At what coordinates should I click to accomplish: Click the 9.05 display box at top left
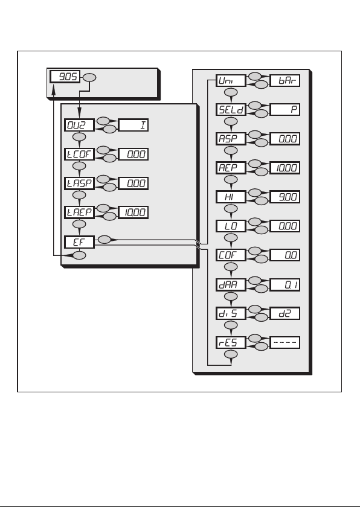[x=65, y=77]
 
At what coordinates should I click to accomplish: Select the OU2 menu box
[x=79, y=125]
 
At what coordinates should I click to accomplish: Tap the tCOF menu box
[x=79, y=155]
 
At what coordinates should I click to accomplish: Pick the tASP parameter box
[x=79, y=183]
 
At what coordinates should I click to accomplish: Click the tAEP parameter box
[x=79, y=212]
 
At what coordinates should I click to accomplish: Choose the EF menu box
[x=79, y=242]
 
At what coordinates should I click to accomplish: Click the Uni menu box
[x=231, y=80]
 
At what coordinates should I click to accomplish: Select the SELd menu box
[x=231, y=109]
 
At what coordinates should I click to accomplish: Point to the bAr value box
[x=285, y=80]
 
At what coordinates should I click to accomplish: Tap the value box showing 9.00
[x=285, y=197]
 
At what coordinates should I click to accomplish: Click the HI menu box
[x=231, y=197]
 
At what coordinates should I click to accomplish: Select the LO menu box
[x=231, y=226]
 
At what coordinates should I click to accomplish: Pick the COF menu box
[x=231, y=255]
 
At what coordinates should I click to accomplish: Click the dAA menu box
[x=231, y=284]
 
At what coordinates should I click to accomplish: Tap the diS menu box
[x=231, y=313]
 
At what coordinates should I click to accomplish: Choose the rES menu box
[x=231, y=342]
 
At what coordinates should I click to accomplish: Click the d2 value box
[x=285, y=313]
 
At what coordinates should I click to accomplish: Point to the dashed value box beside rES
[x=285, y=342]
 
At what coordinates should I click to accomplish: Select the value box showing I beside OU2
[x=133, y=125]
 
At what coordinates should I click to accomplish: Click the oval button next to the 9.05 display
[x=89, y=78]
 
